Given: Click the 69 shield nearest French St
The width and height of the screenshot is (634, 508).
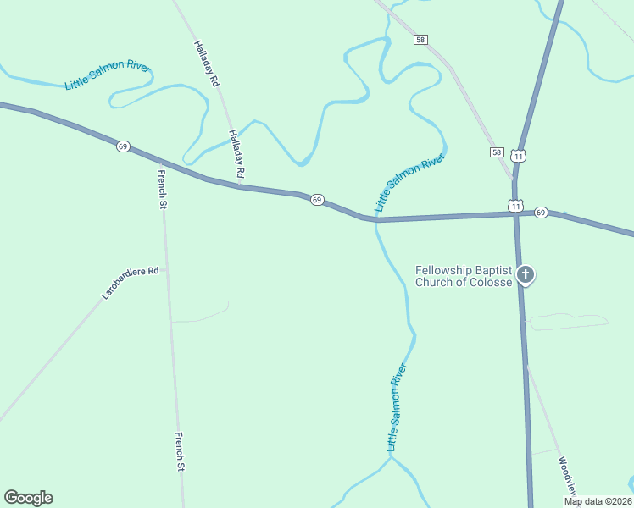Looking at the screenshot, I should (x=123, y=146).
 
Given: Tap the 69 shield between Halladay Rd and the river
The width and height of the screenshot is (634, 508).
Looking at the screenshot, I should (x=316, y=200).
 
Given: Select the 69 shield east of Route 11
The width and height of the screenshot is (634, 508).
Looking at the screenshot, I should (x=542, y=212).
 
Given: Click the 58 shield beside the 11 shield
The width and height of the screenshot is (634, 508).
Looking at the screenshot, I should (x=496, y=152).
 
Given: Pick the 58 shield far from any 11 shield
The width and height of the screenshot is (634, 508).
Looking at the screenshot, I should (x=421, y=40).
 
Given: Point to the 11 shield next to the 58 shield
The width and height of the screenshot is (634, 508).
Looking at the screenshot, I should (x=519, y=156).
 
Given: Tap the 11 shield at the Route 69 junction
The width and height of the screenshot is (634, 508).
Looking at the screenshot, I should (x=514, y=205).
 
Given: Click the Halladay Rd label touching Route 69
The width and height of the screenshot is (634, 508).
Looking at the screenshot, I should (x=236, y=153).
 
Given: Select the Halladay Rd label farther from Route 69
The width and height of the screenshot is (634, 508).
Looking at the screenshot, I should (x=206, y=64).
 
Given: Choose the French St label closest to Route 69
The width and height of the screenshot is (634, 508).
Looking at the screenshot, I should (x=162, y=189).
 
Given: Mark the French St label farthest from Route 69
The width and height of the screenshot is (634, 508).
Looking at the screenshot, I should (x=180, y=451).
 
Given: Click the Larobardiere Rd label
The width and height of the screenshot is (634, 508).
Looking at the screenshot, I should (x=131, y=284).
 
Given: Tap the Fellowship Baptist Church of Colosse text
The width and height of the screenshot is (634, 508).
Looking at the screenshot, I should (x=464, y=276).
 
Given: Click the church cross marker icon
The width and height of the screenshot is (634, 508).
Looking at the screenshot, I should (x=526, y=274).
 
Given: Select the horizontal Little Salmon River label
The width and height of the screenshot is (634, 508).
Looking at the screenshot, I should (x=108, y=75).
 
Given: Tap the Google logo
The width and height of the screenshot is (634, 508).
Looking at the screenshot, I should (x=28, y=498).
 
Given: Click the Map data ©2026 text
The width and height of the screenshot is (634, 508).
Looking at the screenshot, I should (x=598, y=501).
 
